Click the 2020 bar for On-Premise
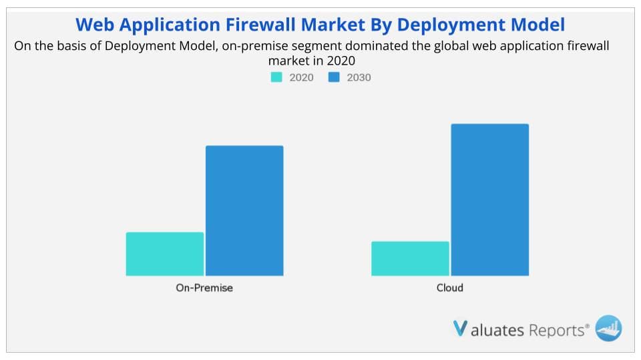(x=164, y=254)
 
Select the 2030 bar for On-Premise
(x=244, y=211)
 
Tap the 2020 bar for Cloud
(x=410, y=259)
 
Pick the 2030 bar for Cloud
(x=490, y=200)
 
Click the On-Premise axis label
(x=204, y=288)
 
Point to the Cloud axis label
(x=450, y=288)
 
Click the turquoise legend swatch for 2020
(x=276, y=77)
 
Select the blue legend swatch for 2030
(x=334, y=77)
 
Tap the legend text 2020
(x=301, y=77)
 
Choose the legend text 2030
(x=359, y=77)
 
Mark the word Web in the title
(x=94, y=25)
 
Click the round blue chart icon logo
(x=608, y=328)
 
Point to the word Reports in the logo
(x=557, y=329)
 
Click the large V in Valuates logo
(x=460, y=329)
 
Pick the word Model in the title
(x=540, y=25)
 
